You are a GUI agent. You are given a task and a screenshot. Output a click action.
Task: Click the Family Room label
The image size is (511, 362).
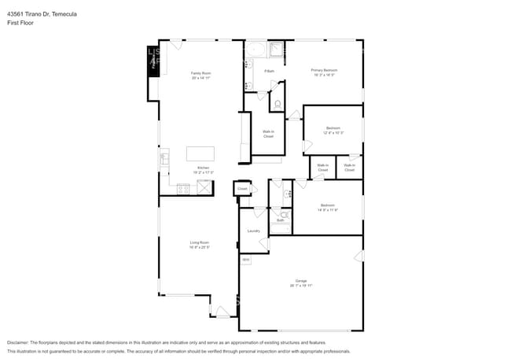click(200, 73)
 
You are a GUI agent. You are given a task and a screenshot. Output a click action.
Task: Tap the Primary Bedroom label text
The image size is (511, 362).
click(324, 70)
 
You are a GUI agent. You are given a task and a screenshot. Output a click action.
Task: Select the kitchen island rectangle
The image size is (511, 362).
click(200, 153)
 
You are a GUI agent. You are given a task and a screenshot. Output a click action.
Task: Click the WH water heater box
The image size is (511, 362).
click(245, 260)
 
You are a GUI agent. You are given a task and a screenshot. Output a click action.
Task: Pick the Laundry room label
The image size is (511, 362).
click(253, 231)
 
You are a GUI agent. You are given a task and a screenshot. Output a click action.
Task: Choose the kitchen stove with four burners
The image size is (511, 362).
click(183, 188)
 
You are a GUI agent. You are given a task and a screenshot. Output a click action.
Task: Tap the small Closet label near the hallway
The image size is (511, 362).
click(242, 189)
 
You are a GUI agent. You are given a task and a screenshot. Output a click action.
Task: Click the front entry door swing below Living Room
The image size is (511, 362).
click(222, 312)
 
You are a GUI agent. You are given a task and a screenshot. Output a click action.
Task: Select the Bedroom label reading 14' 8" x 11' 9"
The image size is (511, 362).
click(327, 207)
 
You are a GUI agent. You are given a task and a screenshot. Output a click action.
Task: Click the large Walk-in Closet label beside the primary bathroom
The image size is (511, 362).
click(268, 134)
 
